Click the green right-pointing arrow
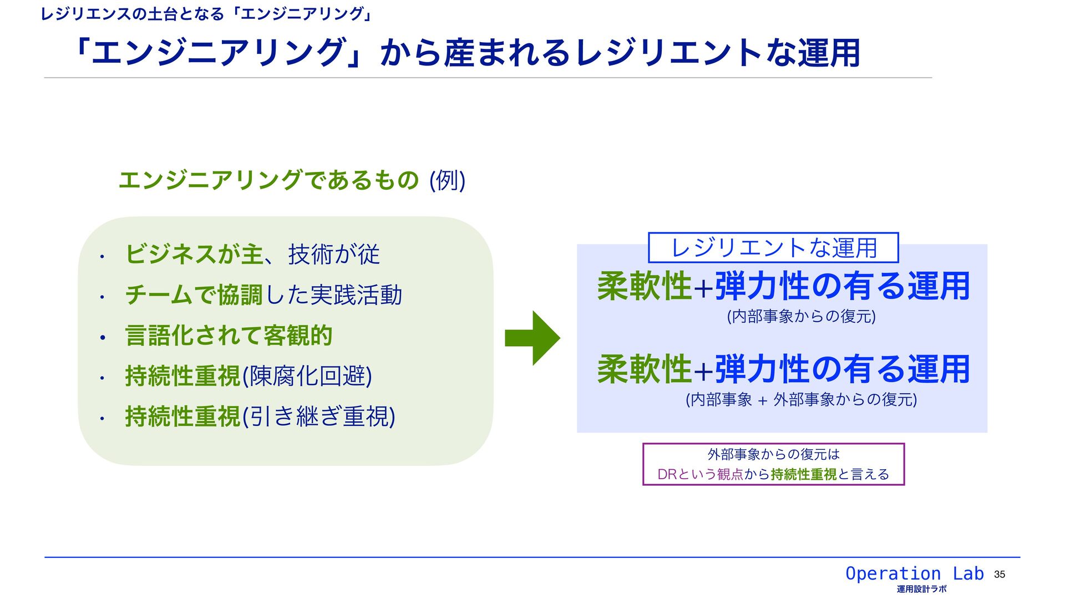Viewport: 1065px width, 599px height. pyautogui.click(x=532, y=338)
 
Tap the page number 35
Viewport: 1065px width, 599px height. pyautogui.click(x=1000, y=575)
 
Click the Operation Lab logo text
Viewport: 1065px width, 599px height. pyautogui.click(x=914, y=573)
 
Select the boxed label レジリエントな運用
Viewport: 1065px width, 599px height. pyautogui.click(x=773, y=248)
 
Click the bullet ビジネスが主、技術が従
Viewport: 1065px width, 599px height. pyautogui.click(x=252, y=255)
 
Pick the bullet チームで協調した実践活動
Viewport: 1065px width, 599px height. pyautogui.click(x=263, y=295)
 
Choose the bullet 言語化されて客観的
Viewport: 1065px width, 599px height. pyautogui.click(x=229, y=336)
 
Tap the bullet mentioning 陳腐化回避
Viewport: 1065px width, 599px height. pyautogui.click(x=248, y=376)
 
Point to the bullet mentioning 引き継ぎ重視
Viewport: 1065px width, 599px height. pyautogui.click(x=260, y=417)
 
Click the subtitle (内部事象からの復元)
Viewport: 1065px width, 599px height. pyautogui.click(x=801, y=317)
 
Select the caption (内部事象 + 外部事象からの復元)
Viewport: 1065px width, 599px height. pyautogui.click(x=801, y=399)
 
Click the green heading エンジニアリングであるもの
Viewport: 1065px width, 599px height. pyautogui.click(x=268, y=180)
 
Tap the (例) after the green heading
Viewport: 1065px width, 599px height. pyautogui.click(x=447, y=180)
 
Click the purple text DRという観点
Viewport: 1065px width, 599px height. pyautogui.click(x=700, y=475)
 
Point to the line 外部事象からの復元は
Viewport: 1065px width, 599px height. pyautogui.click(x=773, y=455)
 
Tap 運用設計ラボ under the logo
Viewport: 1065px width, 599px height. pyautogui.click(x=921, y=590)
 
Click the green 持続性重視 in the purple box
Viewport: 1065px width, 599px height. pyautogui.click(x=804, y=475)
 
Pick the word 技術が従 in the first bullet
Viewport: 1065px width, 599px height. pyautogui.click(x=334, y=255)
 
